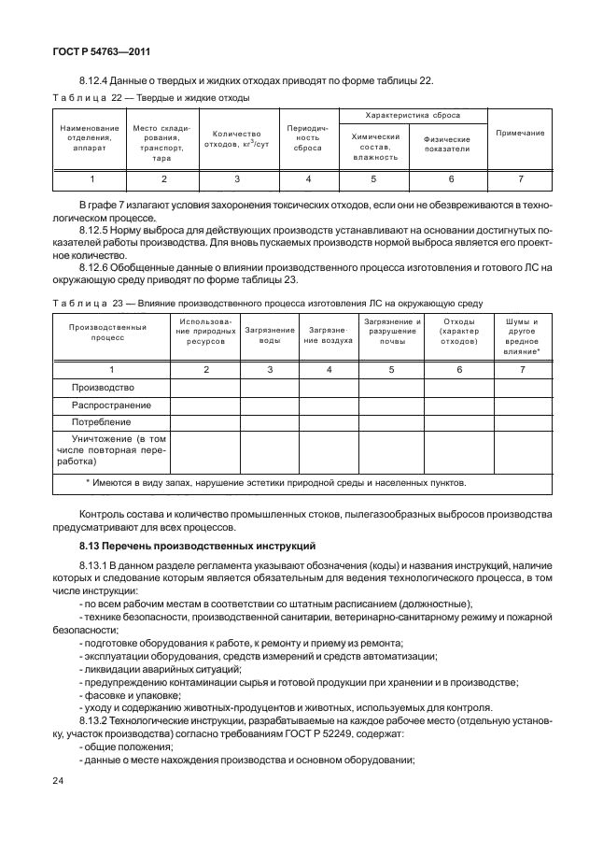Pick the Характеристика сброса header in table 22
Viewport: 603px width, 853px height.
coord(413,115)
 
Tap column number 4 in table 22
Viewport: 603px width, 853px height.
coord(307,178)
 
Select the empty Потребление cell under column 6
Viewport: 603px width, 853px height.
coord(457,422)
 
